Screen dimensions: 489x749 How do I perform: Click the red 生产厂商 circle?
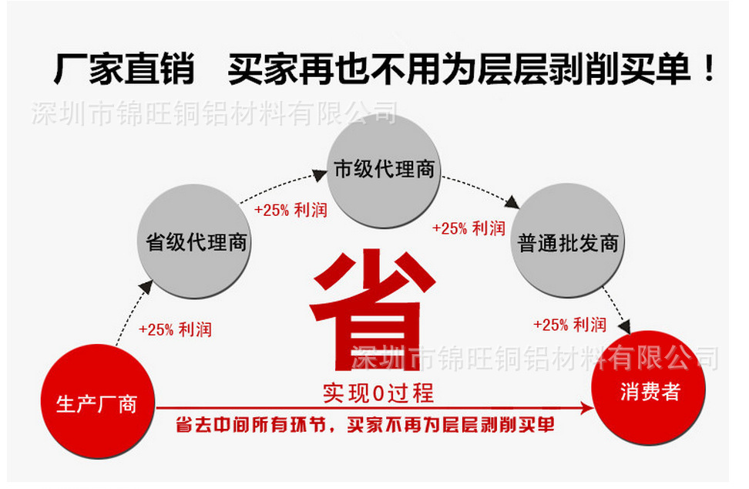(x=97, y=402)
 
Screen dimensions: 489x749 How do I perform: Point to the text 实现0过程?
(x=378, y=393)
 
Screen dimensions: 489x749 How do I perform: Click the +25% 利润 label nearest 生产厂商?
(x=175, y=329)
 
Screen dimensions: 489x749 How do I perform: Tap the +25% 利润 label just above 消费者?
(x=569, y=325)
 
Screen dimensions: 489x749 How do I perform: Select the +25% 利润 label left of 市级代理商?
(x=290, y=210)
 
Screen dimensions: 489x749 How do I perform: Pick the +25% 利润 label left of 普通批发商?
(x=469, y=228)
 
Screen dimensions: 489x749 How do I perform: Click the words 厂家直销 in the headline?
(x=123, y=69)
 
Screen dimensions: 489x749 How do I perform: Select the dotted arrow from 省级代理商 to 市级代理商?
(x=277, y=184)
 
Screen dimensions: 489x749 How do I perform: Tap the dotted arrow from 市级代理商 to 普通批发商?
(x=482, y=190)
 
